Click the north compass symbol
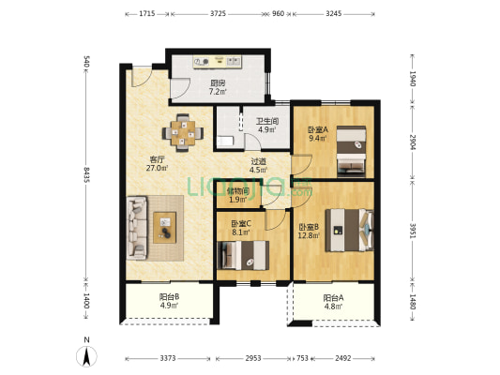86,356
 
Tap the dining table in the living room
183,132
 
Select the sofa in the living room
137,228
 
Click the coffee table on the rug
164,228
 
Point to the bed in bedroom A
351,151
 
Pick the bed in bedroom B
349,230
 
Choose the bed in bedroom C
243,255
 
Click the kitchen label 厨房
218,83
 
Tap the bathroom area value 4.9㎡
267,129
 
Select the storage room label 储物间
238,191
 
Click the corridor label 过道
258,162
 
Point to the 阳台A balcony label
333,298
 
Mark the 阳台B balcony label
169,297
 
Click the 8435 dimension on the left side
86,174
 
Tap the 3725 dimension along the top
219,13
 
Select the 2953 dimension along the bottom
253,358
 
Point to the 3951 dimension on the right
413,231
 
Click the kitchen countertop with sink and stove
217,61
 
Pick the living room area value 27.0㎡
158,168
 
